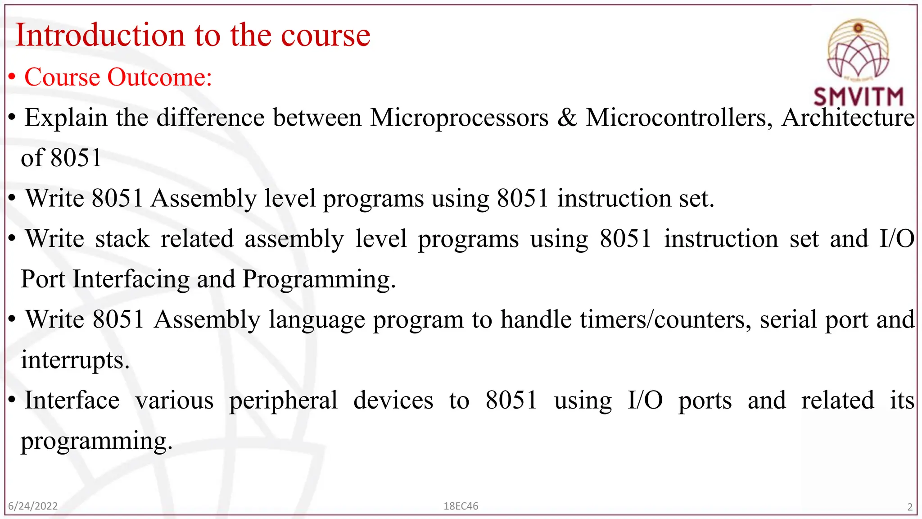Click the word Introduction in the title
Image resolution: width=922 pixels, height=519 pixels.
pyautogui.click(x=100, y=35)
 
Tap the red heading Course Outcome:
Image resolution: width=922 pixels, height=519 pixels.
pyautogui.click(x=118, y=77)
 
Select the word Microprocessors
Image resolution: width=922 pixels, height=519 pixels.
pyautogui.click(x=459, y=118)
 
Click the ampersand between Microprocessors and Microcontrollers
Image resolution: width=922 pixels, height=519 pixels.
pyautogui.click(x=567, y=118)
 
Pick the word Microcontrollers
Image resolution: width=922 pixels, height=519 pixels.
pyautogui.click(x=679, y=118)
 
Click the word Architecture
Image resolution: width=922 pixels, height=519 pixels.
pyautogui.click(x=848, y=118)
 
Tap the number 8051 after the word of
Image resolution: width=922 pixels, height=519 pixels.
pyautogui.click(x=76, y=158)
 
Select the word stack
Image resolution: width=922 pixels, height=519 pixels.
pyautogui.click(x=122, y=239)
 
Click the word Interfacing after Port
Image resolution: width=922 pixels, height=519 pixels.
pyautogui.click(x=131, y=279)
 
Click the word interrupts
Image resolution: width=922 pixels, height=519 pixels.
pyautogui.click(x=75, y=360)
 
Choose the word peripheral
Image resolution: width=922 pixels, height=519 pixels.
pyautogui.click(x=283, y=401)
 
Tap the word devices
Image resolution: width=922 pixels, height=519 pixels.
pyautogui.click(x=393, y=401)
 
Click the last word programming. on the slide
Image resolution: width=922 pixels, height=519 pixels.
pyautogui.click(x=96, y=441)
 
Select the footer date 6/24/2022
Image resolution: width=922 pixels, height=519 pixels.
pyautogui.click(x=33, y=506)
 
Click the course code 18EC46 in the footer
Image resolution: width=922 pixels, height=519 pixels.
pyautogui.click(x=461, y=506)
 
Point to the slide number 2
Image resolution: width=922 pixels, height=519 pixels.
pyautogui.click(x=909, y=507)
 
